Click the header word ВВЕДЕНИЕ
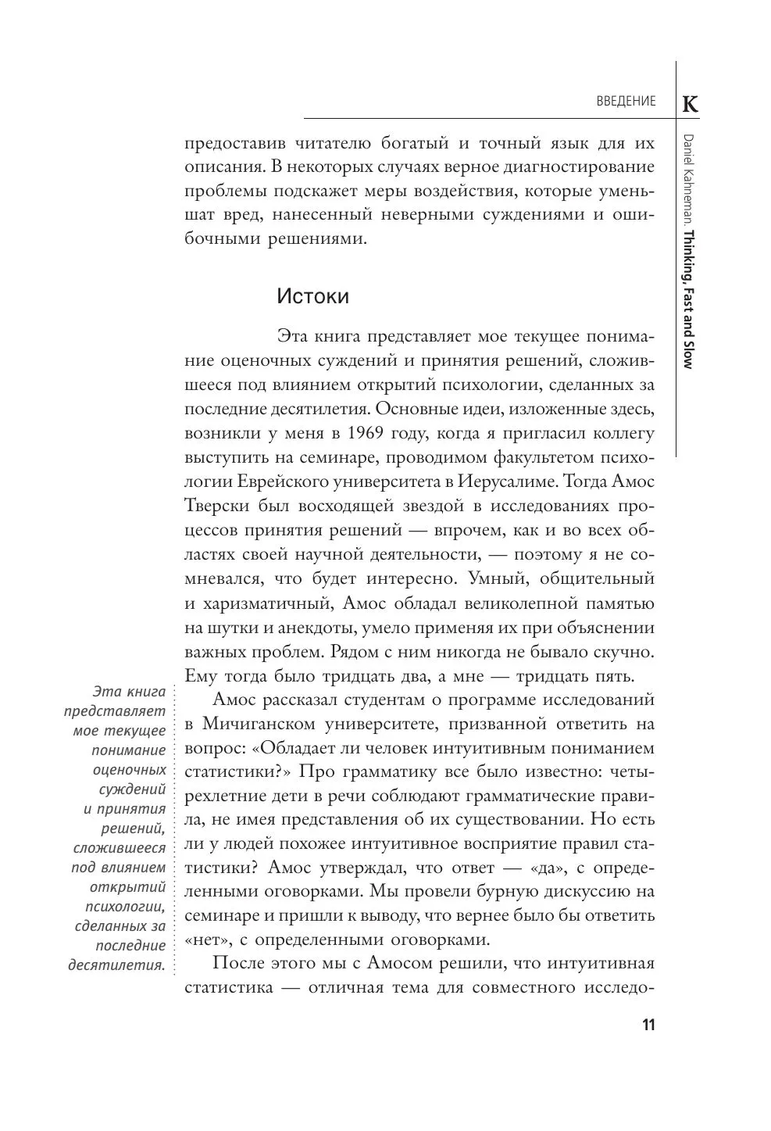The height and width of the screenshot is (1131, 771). coord(625,102)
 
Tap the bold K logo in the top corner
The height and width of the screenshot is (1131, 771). coord(691,103)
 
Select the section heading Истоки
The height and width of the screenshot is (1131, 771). coord(312,297)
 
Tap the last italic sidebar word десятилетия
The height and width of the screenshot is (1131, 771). coord(117,965)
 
